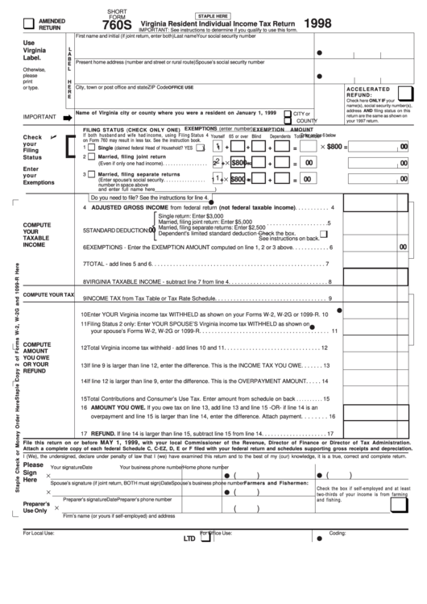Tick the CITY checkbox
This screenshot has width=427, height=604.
[x=289, y=114]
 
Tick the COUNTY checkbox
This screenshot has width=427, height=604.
[x=289, y=121]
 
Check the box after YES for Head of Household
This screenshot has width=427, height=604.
[x=200, y=148]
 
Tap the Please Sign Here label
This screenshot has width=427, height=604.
[x=33, y=472]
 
